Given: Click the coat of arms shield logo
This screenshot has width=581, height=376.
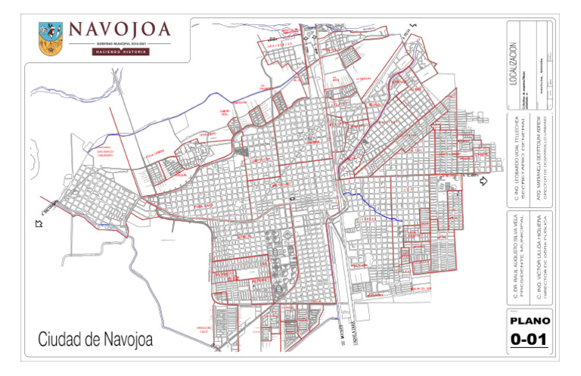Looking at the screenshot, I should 51,37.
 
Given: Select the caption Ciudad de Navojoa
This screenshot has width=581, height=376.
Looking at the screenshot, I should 95,340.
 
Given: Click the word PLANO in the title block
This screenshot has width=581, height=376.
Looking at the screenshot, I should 530,319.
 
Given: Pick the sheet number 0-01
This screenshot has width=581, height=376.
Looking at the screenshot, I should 530,340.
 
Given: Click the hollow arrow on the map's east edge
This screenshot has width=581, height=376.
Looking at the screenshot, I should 486,182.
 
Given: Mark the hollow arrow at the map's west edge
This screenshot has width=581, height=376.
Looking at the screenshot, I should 39,222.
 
